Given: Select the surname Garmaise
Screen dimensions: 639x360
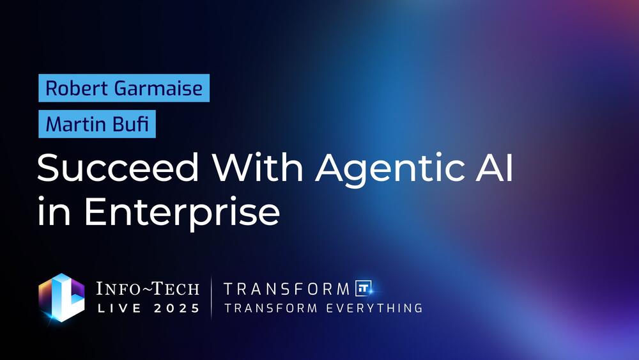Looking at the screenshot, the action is coord(158,88).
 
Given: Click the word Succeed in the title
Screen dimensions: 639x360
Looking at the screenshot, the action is coord(118,167).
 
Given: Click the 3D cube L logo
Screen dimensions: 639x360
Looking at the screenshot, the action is coord(61,297).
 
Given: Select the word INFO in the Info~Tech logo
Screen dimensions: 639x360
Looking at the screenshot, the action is coord(118,288).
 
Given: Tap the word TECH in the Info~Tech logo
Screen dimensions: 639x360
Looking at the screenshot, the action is coord(176,288).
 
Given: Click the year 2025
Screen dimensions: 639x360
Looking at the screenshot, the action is coord(177,308).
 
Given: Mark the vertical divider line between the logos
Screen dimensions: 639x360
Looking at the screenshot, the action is coord(212,297).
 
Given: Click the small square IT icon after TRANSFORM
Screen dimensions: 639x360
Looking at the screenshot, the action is coord(363,288).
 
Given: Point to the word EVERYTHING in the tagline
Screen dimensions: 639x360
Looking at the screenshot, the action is coord(374,308).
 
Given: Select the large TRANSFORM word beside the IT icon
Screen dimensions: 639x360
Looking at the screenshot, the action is coord(287,289).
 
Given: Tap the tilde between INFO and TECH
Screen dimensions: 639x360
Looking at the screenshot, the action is coord(146,289).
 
